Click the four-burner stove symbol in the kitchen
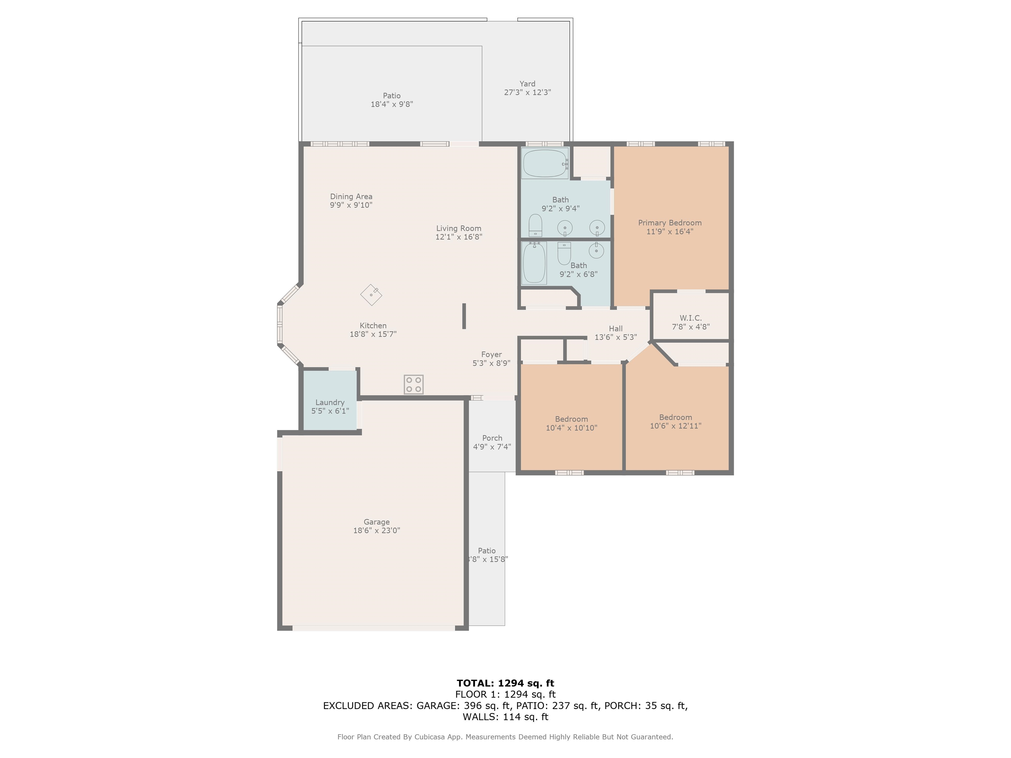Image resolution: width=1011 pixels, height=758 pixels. pos(414,384)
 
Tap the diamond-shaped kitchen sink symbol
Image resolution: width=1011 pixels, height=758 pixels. pos(371,295)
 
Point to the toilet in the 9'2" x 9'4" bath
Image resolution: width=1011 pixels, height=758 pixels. pos(535,226)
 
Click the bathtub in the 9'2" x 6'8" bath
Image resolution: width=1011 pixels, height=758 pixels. pos(534,263)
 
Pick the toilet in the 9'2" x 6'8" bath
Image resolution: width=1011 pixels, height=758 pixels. pos(564,253)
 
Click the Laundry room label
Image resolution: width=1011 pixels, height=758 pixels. pos(330,403)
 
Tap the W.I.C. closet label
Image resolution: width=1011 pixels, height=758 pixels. pos(690,317)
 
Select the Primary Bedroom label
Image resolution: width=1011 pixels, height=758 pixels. pos(670,223)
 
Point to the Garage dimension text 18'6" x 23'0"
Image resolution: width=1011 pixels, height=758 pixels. pos(376,530)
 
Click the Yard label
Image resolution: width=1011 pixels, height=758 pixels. pos(528,84)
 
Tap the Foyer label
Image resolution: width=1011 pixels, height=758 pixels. pos(491,355)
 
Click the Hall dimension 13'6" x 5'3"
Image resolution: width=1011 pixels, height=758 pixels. pos(616,337)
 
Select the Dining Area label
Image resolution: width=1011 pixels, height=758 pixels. pos(351,196)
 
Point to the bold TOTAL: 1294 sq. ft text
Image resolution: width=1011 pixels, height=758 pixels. pos(505,683)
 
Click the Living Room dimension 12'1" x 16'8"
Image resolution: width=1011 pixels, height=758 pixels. pos(459,237)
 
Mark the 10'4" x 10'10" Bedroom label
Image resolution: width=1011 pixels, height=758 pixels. pos(571,419)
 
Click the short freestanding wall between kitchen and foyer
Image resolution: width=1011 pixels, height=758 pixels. pos(464,316)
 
